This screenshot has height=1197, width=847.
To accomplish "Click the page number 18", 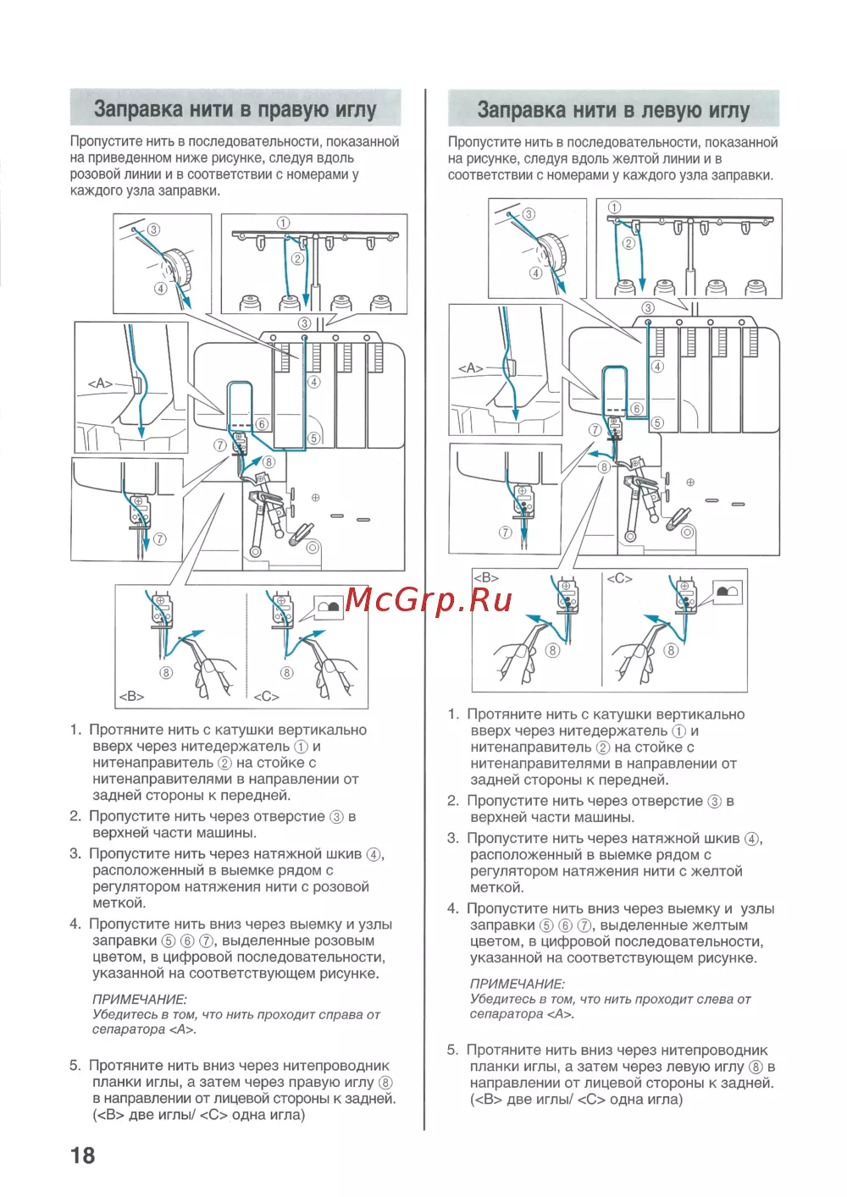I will coord(83,1156).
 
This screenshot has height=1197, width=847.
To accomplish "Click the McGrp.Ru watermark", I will coord(429,600).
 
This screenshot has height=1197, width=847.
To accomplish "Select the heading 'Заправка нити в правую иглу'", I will coord(235,109).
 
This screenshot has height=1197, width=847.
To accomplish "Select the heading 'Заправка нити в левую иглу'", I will coord(613,110).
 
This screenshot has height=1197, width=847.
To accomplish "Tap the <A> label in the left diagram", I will coord(100,383).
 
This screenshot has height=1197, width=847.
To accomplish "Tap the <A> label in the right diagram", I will coord(470,368).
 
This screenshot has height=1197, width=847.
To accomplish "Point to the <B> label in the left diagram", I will coord(131,697).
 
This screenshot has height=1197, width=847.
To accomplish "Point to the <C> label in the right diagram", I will coord(619,578).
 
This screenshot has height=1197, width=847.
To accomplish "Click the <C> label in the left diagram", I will coord(266,697).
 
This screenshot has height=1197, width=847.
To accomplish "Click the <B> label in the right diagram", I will coord(486,578).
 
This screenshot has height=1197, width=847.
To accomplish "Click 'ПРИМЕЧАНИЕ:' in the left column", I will coord(139,999).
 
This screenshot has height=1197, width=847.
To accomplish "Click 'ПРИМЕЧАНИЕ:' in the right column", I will coord(517,984).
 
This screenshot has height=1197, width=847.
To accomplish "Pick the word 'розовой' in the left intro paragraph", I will coord(95,174).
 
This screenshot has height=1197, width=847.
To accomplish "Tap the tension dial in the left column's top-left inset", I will coord(179,267).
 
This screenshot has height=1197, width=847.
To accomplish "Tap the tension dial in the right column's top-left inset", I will coord(554,251).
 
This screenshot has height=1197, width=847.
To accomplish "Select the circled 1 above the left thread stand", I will coord(283,223).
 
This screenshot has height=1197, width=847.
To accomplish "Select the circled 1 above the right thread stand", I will coord(614,207).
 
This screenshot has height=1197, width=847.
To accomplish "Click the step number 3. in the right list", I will coord(453,838).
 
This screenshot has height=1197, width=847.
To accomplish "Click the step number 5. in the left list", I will coord(75,1066).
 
